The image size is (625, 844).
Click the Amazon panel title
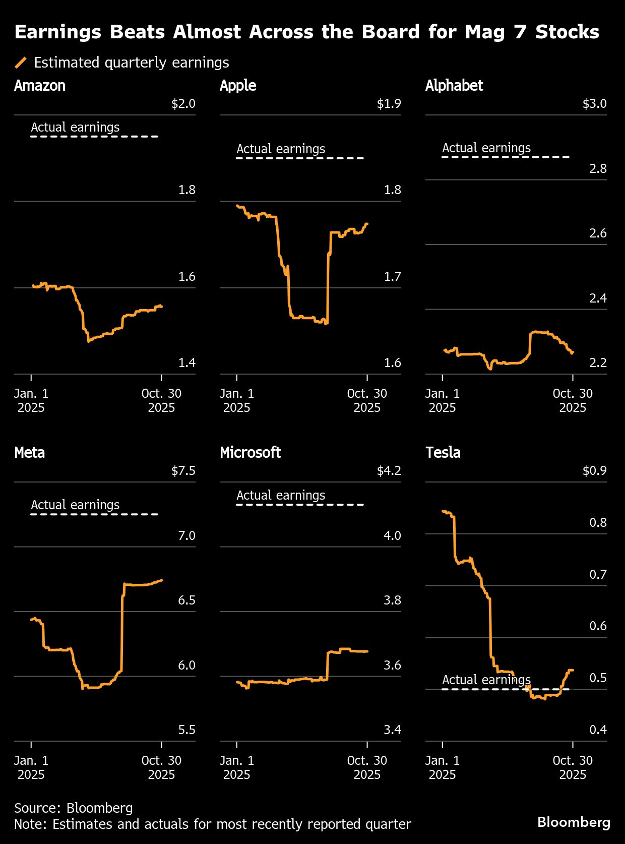click(x=40, y=86)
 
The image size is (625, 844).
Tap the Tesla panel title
click(x=443, y=452)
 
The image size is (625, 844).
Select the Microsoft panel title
click(x=250, y=452)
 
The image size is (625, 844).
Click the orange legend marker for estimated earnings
click(x=21, y=63)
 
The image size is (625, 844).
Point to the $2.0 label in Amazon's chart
click(x=183, y=104)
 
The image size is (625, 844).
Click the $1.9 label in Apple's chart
click(x=389, y=104)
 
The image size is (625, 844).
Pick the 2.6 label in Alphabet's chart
click(x=598, y=233)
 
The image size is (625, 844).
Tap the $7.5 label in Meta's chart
click(x=183, y=471)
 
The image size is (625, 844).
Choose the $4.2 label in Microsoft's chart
click(x=389, y=471)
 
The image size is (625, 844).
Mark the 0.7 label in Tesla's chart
click(x=598, y=574)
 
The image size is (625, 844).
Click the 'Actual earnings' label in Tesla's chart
click(x=486, y=680)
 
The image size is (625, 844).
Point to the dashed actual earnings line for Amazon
click(x=94, y=137)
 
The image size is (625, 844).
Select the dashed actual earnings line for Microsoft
click(x=300, y=504)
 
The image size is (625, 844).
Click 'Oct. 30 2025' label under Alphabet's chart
click(x=573, y=400)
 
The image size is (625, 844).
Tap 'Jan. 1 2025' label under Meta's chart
click(x=31, y=767)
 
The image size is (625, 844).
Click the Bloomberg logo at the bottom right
click(x=574, y=822)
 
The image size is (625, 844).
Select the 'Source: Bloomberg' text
click(x=74, y=808)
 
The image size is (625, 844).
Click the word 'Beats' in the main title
click(x=137, y=32)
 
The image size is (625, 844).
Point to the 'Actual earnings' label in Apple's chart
click(x=281, y=149)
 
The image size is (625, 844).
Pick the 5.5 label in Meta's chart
click(x=186, y=730)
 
